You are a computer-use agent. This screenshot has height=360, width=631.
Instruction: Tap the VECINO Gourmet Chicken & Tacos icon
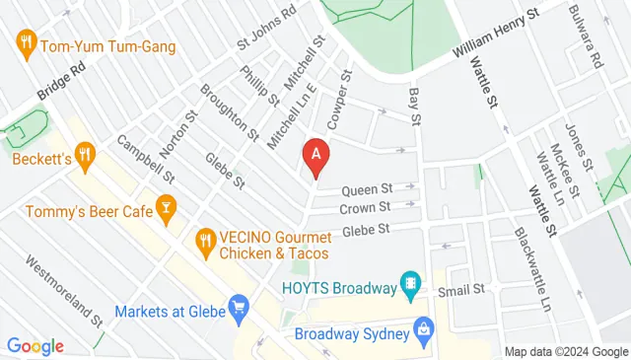point(205,240)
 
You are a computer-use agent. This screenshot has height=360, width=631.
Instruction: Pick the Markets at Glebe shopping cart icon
point(237,310)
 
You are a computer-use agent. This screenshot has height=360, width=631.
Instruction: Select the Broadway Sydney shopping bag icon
point(423,329)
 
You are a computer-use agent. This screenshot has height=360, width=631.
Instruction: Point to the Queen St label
point(367,188)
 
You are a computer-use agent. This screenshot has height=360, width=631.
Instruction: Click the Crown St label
point(365,208)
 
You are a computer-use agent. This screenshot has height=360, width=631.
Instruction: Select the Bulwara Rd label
point(584,36)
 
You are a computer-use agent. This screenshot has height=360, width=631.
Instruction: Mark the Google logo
point(35,346)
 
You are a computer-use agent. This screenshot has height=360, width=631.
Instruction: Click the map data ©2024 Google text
point(566,352)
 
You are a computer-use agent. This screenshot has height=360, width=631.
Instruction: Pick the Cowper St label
point(339,100)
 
